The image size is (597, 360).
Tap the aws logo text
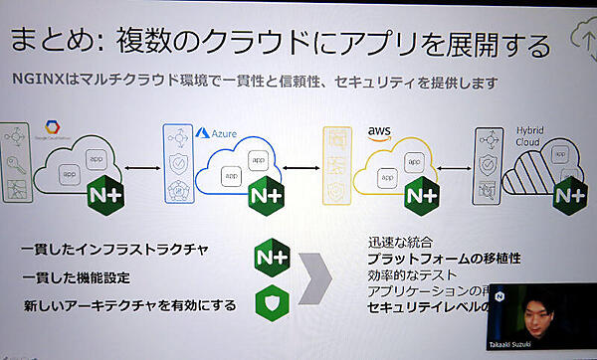(x=379, y=130)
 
